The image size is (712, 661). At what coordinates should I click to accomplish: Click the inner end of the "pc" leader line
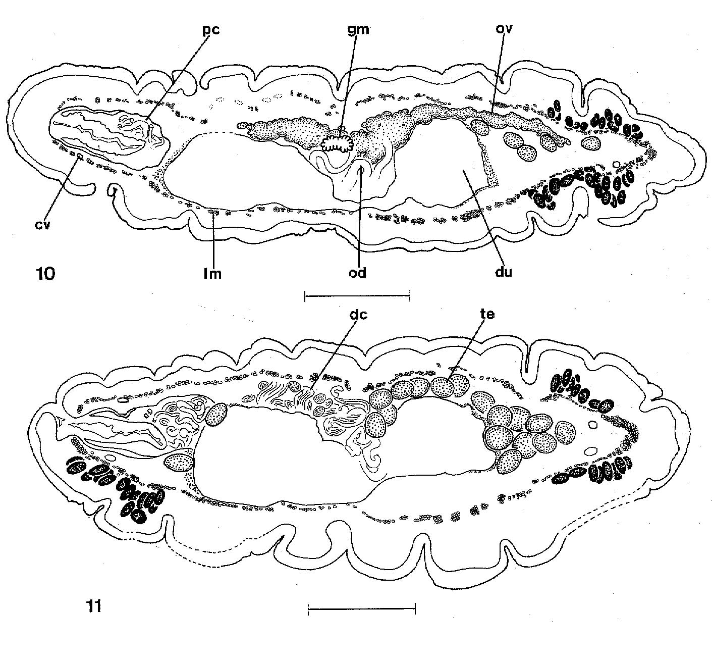click(x=147, y=119)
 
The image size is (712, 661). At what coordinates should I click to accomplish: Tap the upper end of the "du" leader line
click(x=465, y=171)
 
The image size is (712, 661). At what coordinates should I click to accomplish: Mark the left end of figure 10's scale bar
click(x=305, y=296)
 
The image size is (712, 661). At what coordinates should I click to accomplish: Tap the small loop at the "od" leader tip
click(x=361, y=171)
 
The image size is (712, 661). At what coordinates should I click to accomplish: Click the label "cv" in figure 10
click(x=43, y=225)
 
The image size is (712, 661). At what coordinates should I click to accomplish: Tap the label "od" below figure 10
click(x=358, y=273)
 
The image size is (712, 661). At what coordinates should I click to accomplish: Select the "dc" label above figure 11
click(x=358, y=315)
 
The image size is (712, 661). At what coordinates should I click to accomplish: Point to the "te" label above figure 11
click(x=487, y=314)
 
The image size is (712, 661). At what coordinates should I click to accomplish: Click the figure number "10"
click(x=45, y=274)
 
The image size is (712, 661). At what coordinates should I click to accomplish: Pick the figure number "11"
click(x=94, y=606)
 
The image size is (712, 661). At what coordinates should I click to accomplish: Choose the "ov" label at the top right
click(x=505, y=29)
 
